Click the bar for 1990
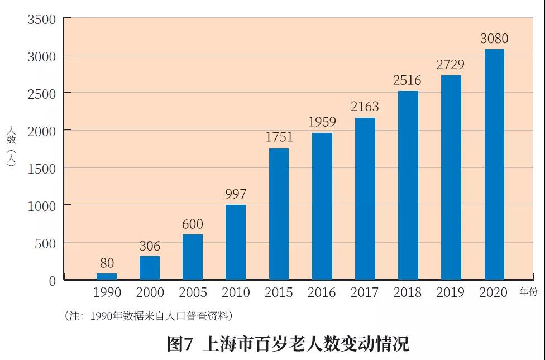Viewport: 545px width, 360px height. pyautogui.click(x=106, y=276)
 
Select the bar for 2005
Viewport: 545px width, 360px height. pyautogui.click(x=193, y=257)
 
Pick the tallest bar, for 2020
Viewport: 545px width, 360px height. pyautogui.click(x=494, y=164)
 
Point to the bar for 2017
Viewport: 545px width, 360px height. pyautogui.click(x=365, y=198)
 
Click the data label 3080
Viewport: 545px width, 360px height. pyautogui.click(x=494, y=39)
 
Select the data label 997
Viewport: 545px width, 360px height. pyautogui.click(x=236, y=194)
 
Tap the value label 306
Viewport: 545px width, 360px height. pyautogui.click(x=150, y=246)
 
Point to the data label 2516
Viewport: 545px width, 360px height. pyautogui.click(x=407, y=80)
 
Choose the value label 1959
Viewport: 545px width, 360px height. pyautogui.click(x=322, y=121)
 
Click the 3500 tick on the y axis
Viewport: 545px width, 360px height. pyautogui.click(x=42, y=20)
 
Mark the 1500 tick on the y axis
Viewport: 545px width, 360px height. pyautogui.click(x=42, y=169)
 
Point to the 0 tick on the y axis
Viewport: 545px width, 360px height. pyautogui.click(x=52, y=281)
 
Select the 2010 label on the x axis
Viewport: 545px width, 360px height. pyautogui.click(x=236, y=292)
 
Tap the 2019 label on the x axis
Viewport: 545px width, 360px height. pyautogui.click(x=450, y=292)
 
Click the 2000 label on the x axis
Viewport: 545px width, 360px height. pyautogui.click(x=150, y=292)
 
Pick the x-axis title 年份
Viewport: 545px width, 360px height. pyautogui.click(x=529, y=291)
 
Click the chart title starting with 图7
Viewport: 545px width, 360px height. pyautogui.click(x=288, y=343)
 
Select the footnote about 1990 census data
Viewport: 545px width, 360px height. pyautogui.click(x=149, y=316)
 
